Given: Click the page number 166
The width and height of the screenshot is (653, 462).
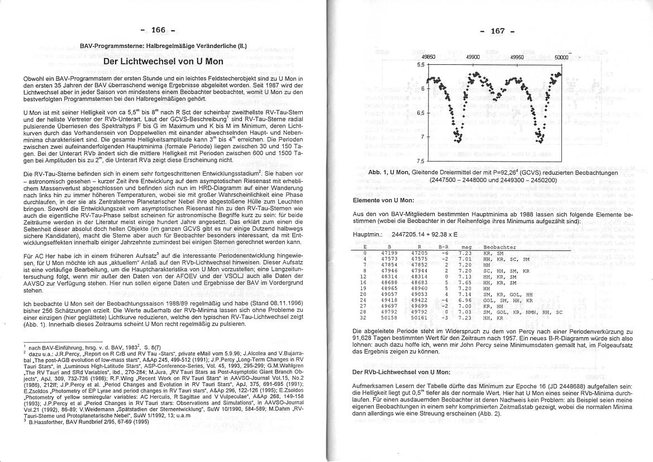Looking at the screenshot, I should coord(159,30).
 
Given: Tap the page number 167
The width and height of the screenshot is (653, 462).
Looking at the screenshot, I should coord(497,31).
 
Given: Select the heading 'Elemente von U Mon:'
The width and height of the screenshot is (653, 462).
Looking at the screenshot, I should coord(384,200).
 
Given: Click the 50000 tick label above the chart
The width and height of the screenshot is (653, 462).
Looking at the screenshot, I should coord(561,57).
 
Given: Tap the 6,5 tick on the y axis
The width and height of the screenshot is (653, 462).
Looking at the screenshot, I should coord(421,112).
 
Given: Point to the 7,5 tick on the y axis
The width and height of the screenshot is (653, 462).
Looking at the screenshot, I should coord(421,161).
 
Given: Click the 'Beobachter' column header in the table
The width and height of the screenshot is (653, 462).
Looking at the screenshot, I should coord(499,247).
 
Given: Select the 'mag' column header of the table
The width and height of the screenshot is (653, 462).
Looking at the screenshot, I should coord(466,247).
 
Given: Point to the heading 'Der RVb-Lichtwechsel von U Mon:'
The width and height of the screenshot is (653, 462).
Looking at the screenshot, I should coord(400,371).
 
